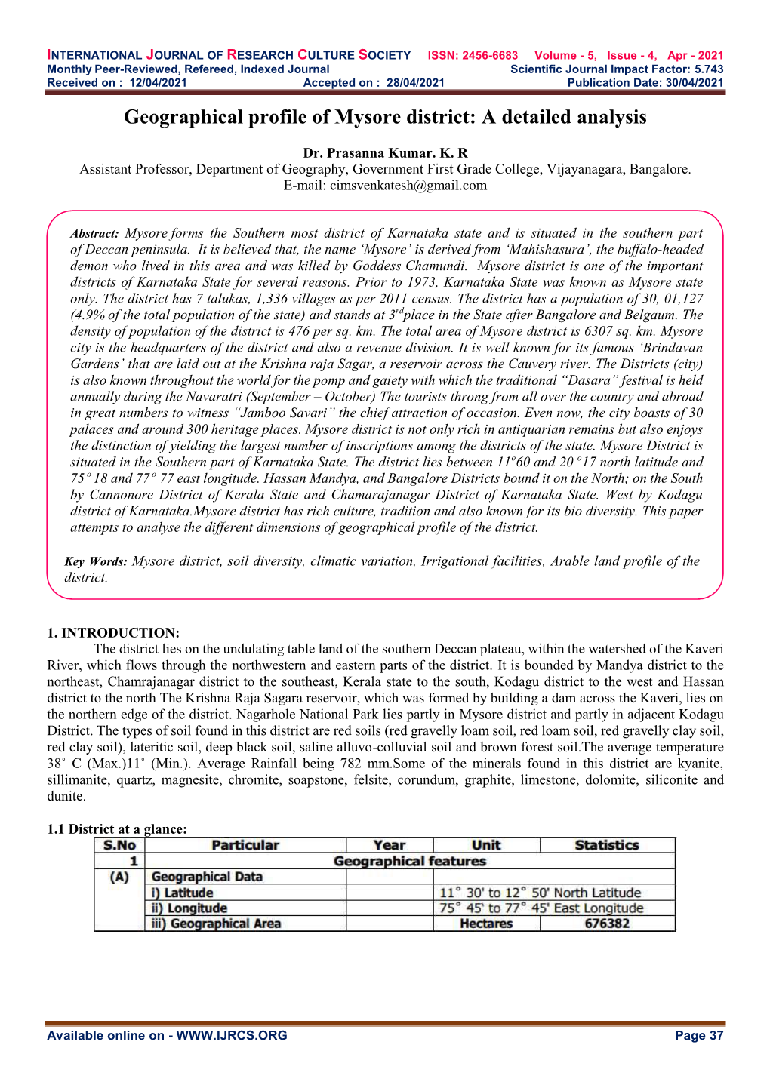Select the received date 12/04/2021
point(158,83)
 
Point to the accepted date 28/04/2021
point(415,83)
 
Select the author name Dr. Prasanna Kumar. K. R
point(385,153)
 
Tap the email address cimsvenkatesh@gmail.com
point(408,186)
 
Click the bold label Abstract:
point(94,235)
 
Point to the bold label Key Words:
point(96,562)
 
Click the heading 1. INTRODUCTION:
point(113,633)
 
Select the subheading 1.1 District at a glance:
point(116,829)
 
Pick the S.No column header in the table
point(119,846)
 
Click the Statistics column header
point(607,846)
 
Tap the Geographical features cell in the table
point(409,862)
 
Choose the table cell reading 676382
point(607,924)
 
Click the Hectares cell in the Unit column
point(486,924)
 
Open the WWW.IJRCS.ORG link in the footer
point(232,1036)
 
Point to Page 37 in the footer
point(699,1036)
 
